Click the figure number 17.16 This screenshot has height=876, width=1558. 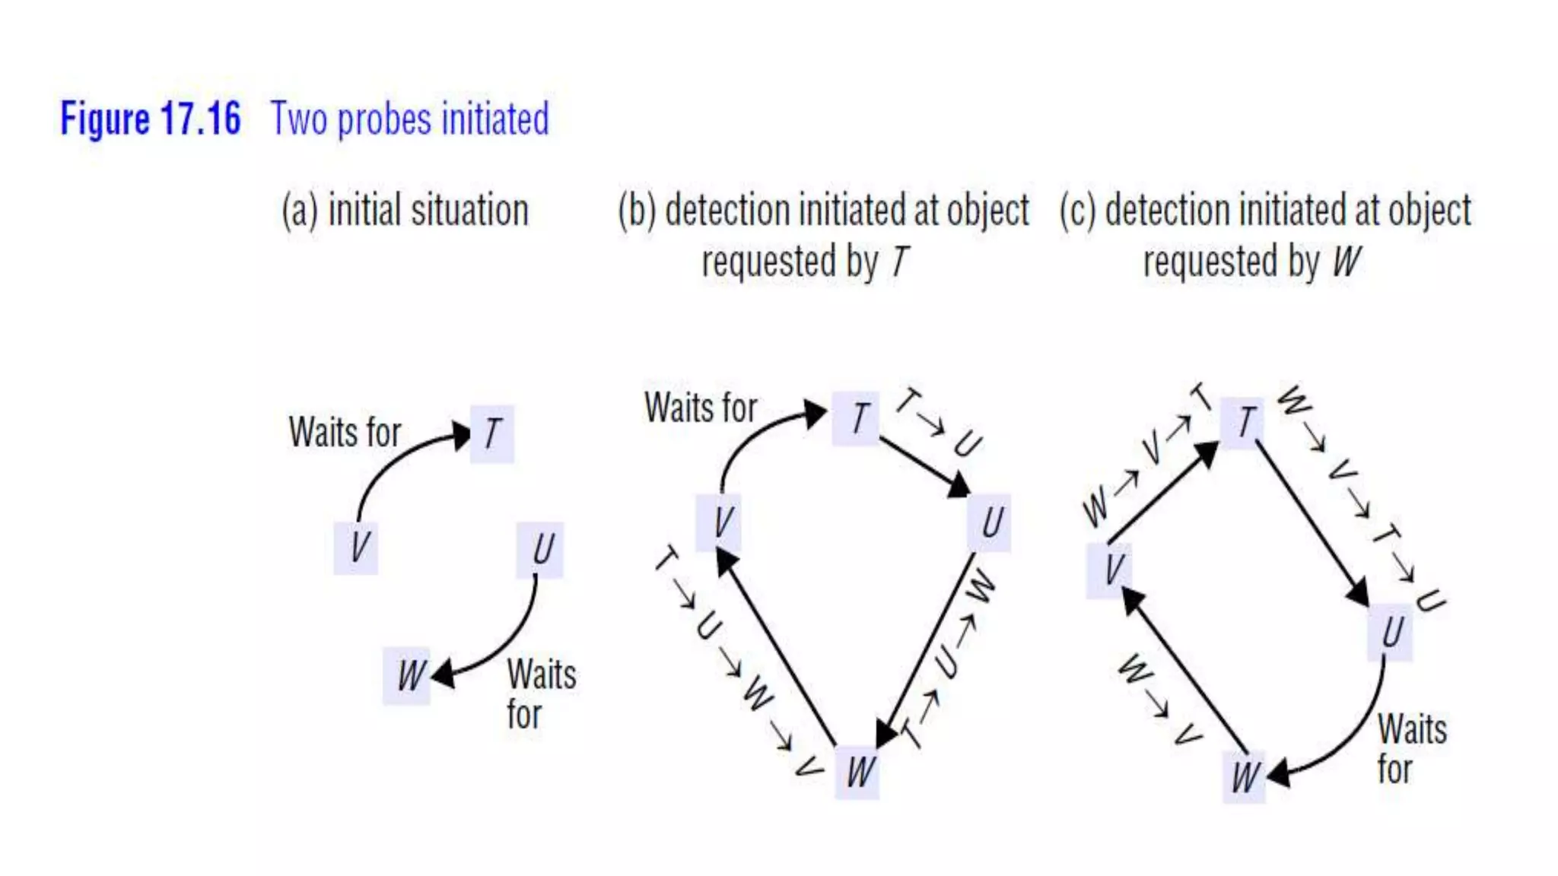(201, 119)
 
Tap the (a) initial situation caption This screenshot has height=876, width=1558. (405, 211)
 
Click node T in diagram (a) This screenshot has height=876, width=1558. (492, 434)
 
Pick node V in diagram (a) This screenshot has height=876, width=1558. (357, 547)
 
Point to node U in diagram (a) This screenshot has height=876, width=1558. (541, 549)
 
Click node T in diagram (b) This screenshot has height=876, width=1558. (857, 418)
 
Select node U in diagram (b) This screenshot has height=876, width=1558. (990, 523)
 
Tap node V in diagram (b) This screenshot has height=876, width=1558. (720, 522)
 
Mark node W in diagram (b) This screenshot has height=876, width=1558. (858, 773)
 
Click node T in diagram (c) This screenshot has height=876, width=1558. (1244, 423)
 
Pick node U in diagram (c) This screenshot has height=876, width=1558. (1391, 632)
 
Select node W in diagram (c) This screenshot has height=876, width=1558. (1245, 777)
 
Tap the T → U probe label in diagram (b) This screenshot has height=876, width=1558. (939, 422)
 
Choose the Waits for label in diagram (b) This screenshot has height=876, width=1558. (701, 408)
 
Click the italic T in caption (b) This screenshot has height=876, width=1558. (899, 262)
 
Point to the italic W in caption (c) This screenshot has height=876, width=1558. (1346, 262)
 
